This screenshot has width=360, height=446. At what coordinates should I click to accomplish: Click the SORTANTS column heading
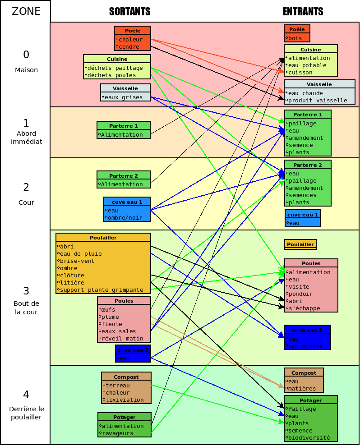click(x=129, y=12)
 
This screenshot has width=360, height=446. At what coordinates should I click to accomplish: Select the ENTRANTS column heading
click(x=303, y=12)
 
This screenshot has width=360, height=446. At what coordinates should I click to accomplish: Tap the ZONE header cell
click(x=26, y=11)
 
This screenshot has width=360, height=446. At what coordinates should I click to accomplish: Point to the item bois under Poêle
click(x=295, y=38)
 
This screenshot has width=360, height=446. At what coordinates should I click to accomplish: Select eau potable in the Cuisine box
click(x=307, y=65)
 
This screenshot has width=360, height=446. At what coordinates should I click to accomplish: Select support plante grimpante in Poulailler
click(x=102, y=290)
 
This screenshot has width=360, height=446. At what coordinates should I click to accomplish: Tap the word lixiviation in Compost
click(x=125, y=400)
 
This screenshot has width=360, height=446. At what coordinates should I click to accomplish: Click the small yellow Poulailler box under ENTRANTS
click(x=300, y=244)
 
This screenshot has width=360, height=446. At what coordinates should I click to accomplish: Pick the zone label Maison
click(x=26, y=70)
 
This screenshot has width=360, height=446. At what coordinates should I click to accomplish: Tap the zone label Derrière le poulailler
click(x=26, y=413)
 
